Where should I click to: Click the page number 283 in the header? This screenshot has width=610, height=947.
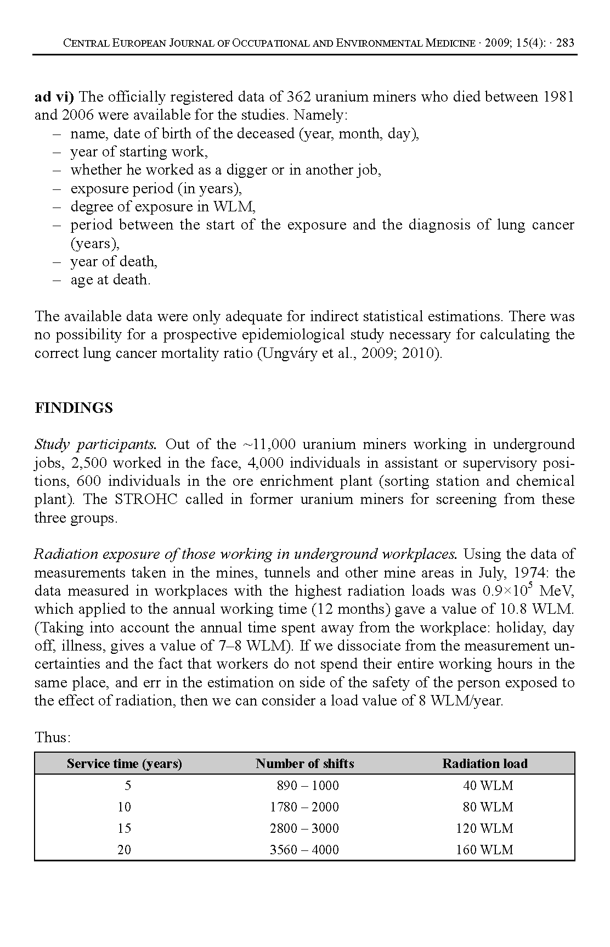point(565,43)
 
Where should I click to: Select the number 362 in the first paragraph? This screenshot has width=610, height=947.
point(300,97)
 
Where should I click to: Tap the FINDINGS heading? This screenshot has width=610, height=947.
point(74,408)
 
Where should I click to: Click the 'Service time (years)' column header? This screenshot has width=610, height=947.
point(125,764)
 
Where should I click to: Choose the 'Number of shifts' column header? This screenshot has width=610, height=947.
point(305,764)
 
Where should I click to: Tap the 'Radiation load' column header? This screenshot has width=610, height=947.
point(485,764)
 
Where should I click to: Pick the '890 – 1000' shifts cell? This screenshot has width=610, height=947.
point(308,786)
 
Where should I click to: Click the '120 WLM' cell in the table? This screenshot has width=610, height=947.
point(485,828)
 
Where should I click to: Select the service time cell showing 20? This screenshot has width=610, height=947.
point(125,850)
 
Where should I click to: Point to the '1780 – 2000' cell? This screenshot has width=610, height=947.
point(304,807)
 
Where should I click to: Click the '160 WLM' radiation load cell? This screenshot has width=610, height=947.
point(485,850)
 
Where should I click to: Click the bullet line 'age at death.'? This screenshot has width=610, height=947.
point(110,280)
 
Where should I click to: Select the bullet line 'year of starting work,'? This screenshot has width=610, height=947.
point(139,152)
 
